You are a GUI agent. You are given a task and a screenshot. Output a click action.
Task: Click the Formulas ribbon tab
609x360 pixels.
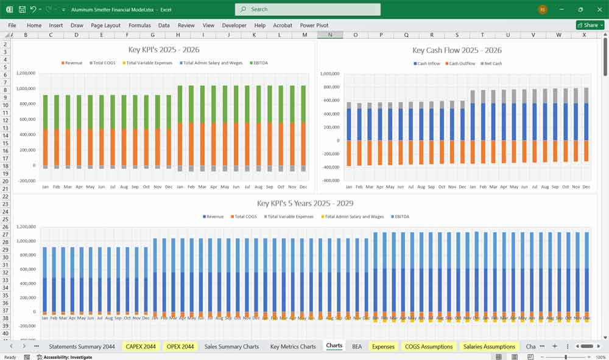(139, 26)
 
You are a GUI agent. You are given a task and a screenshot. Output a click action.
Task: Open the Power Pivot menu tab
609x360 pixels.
(314, 26)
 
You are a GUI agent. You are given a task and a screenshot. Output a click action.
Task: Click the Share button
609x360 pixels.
(590, 25)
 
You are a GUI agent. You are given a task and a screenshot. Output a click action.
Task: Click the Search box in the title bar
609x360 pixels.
(308, 9)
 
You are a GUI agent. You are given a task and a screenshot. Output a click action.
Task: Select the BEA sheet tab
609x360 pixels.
(357, 346)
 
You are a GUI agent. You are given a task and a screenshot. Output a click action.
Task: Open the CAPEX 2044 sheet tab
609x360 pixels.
(141, 346)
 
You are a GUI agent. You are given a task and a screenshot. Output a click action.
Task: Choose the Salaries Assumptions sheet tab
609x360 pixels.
(490, 346)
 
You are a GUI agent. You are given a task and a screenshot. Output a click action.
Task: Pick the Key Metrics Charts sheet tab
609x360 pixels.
(293, 346)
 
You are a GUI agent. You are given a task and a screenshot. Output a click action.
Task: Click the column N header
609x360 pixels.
(330, 35)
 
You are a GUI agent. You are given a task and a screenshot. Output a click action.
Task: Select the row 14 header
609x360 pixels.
(5, 135)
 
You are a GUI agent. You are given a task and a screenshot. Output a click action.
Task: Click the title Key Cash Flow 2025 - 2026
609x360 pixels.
(457, 50)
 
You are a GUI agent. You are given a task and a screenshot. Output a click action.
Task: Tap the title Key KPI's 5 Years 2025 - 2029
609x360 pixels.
(305, 203)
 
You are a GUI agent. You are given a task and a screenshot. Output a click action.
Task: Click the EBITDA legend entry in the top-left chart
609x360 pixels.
(258, 63)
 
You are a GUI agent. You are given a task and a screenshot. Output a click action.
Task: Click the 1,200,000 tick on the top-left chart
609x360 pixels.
(26, 73)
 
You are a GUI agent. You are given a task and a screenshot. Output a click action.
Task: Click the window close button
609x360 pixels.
(600, 9)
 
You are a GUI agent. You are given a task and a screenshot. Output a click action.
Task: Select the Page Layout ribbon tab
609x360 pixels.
(105, 26)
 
